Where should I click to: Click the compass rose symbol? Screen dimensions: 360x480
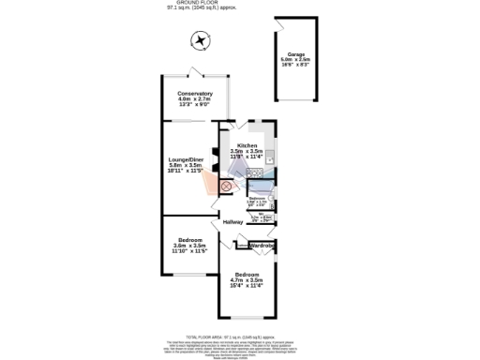(199, 40)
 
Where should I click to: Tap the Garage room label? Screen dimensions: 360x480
(296, 54)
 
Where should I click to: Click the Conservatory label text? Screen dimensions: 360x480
(195, 93)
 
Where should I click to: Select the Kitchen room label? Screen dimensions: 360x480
(247, 145)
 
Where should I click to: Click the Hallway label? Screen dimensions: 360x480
(232, 221)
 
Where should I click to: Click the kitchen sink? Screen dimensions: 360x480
(268, 157)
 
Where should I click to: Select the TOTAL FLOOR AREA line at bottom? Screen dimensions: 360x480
(229, 335)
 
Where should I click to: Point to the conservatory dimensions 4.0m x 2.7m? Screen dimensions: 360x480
(195, 98)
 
